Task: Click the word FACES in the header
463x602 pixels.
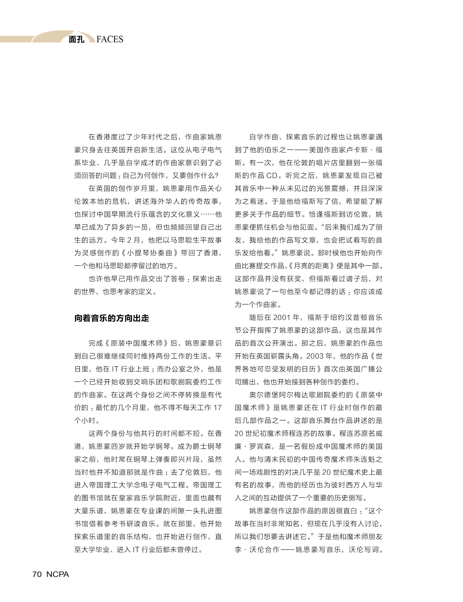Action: click(x=110, y=39)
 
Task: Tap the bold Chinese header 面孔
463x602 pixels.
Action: click(x=77, y=40)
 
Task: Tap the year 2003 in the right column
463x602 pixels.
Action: click(x=315, y=356)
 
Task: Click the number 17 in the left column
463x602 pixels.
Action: click(x=217, y=407)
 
